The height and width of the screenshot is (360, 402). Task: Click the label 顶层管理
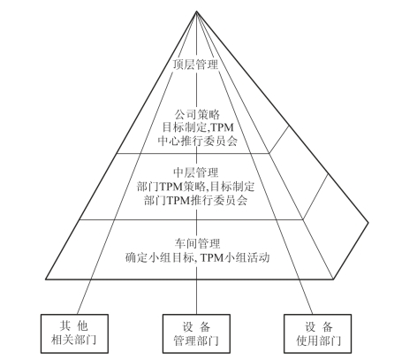pyautogui.click(x=195, y=65)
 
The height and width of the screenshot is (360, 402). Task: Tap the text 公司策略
pyautogui.click(x=197, y=114)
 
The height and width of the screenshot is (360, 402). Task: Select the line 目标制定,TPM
pyautogui.click(x=198, y=127)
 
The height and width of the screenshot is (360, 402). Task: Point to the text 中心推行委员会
pyautogui.click(x=198, y=141)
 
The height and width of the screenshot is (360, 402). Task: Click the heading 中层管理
pyautogui.click(x=196, y=172)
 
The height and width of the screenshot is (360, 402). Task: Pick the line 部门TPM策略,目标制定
pyautogui.click(x=195, y=187)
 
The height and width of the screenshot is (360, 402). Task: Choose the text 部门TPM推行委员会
pyautogui.click(x=196, y=200)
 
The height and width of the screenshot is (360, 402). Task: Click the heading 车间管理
pyautogui.click(x=197, y=243)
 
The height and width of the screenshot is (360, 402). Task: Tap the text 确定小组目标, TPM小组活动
pyautogui.click(x=197, y=257)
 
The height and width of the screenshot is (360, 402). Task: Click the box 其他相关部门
pyautogui.click(x=74, y=333)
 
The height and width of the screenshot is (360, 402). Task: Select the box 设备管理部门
pyautogui.click(x=196, y=333)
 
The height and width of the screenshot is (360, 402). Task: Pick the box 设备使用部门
pyautogui.click(x=318, y=333)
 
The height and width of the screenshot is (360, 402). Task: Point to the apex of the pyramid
pyautogui.click(x=196, y=11)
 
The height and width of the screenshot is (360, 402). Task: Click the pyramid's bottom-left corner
pyautogui.click(x=46, y=279)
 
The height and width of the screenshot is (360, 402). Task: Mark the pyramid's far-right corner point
pyautogui.click(x=368, y=223)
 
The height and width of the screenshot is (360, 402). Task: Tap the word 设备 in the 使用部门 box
pyautogui.click(x=319, y=326)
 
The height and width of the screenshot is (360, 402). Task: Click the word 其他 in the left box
pyautogui.click(x=74, y=326)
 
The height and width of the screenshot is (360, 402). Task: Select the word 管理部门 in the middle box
pyautogui.click(x=196, y=341)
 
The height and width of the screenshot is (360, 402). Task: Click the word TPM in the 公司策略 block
pyautogui.click(x=223, y=127)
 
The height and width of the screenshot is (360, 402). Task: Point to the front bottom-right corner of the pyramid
pyautogui.click(x=333, y=279)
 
